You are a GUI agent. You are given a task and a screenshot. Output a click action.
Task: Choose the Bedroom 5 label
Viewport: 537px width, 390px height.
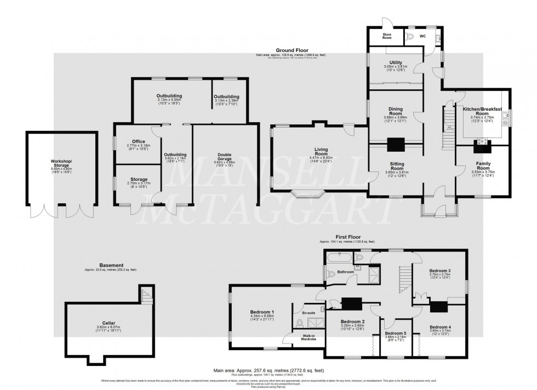pos(395,333)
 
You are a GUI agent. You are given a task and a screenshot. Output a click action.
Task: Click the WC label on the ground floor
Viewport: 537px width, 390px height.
pos(422,37)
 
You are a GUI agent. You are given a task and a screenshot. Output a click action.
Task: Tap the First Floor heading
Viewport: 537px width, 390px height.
pos(346,237)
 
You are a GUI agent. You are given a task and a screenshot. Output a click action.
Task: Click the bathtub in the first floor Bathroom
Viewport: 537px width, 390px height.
pos(338,256)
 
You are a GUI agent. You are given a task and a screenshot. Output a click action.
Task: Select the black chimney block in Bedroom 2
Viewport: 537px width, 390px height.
pos(351,303)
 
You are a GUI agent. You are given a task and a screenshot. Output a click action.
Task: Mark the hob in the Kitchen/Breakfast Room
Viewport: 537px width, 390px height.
pos(483,141)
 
